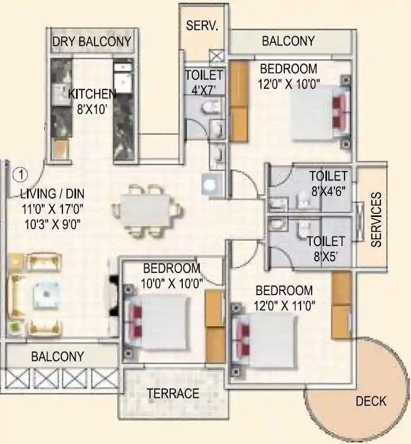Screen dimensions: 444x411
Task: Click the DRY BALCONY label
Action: tap(92, 42)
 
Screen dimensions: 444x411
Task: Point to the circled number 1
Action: tap(20, 173)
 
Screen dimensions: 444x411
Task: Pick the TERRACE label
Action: tap(173, 393)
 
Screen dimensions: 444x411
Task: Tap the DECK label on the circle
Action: tap(371, 401)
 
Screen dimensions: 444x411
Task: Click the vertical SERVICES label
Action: tap(376, 220)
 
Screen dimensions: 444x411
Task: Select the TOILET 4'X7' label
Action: tap(204, 82)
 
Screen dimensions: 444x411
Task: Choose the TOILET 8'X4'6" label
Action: tap(328, 183)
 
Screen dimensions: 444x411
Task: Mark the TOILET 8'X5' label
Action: tap(326, 248)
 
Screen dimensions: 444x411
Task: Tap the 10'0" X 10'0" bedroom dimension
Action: tap(172, 284)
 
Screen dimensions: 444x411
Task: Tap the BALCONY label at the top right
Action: tap(288, 41)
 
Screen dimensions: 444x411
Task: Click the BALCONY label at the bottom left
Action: tap(58, 356)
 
